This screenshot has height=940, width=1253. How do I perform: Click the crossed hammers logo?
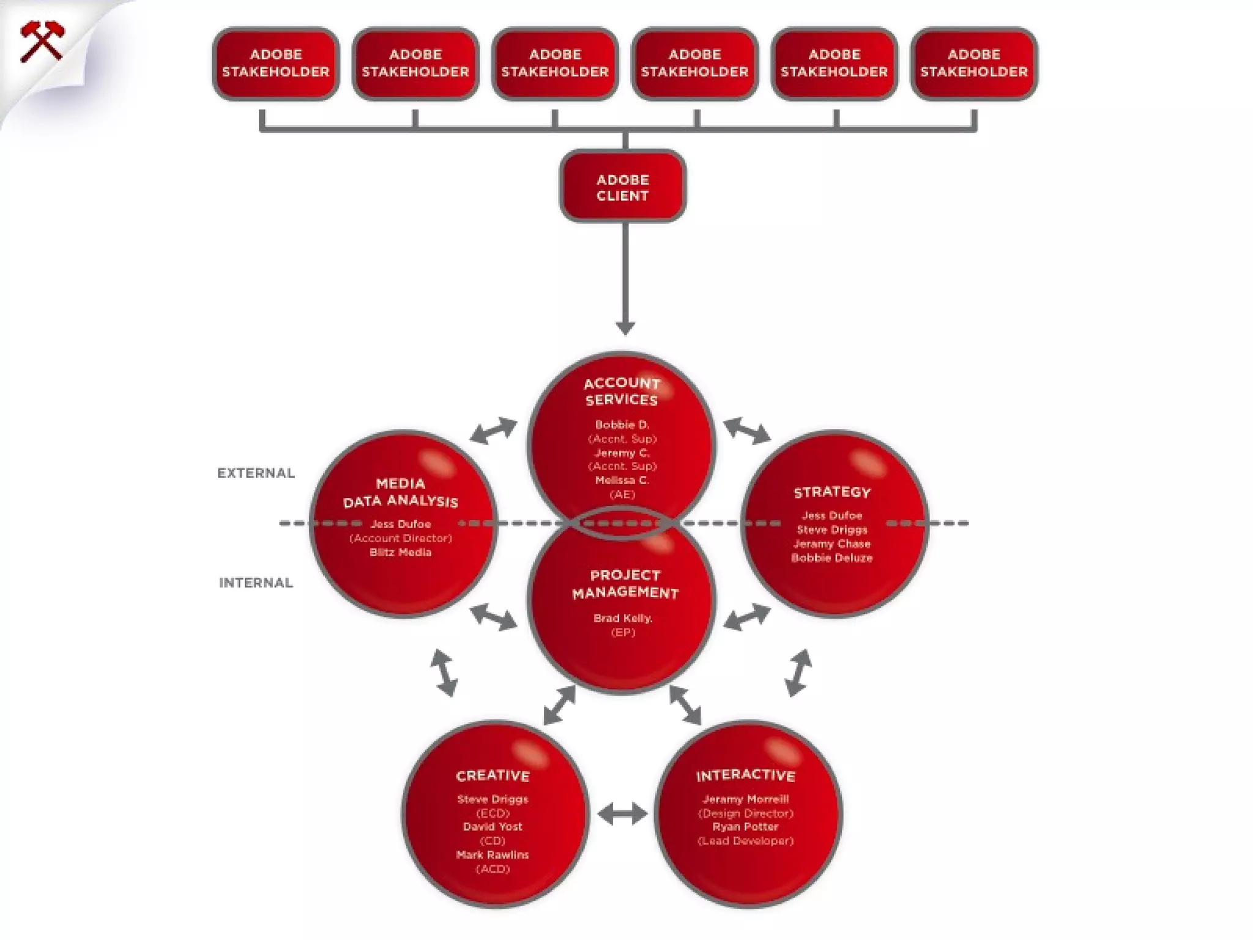[41, 41]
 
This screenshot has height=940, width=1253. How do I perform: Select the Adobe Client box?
[622, 187]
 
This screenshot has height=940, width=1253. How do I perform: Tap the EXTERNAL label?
[256, 473]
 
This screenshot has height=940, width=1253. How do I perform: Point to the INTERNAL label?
[256, 583]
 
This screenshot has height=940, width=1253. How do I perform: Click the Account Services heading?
[622, 391]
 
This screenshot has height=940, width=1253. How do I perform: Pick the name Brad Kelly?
[623, 618]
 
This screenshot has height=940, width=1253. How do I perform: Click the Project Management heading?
[625, 584]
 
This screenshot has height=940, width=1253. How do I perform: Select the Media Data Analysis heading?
[401, 493]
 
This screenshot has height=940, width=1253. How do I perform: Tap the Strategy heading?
[832, 492]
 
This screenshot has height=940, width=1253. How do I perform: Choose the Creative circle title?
[493, 775]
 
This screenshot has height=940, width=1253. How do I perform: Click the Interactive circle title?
[745, 775]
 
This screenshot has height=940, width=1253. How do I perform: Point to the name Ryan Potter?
[745, 827]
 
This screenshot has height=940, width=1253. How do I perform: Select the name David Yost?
[493, 827]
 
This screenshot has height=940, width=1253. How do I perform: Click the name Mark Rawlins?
[493, 855]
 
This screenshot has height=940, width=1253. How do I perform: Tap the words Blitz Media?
[401, 552]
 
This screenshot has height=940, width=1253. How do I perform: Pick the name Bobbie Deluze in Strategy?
[832, 558]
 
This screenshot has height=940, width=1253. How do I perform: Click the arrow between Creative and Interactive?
[622, 814]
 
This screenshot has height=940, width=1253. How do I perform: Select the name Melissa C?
[622, 480]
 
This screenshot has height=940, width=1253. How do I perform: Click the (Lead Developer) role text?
[745, 841]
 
